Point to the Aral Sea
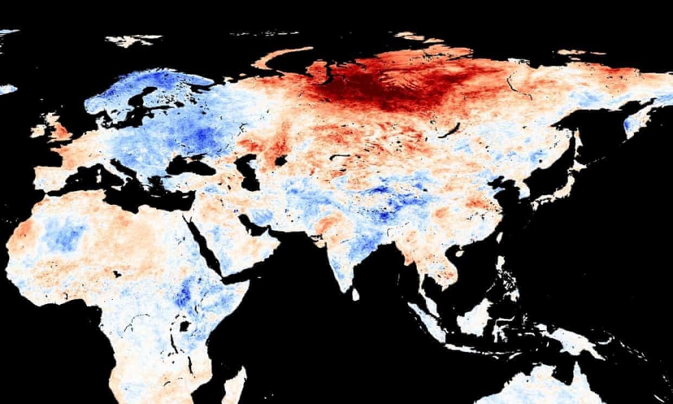click(281, 160)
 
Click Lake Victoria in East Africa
click(185, 326)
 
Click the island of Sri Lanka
click(355, 294)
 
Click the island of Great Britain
click(57, 128)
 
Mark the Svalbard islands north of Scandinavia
click(133, 40)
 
